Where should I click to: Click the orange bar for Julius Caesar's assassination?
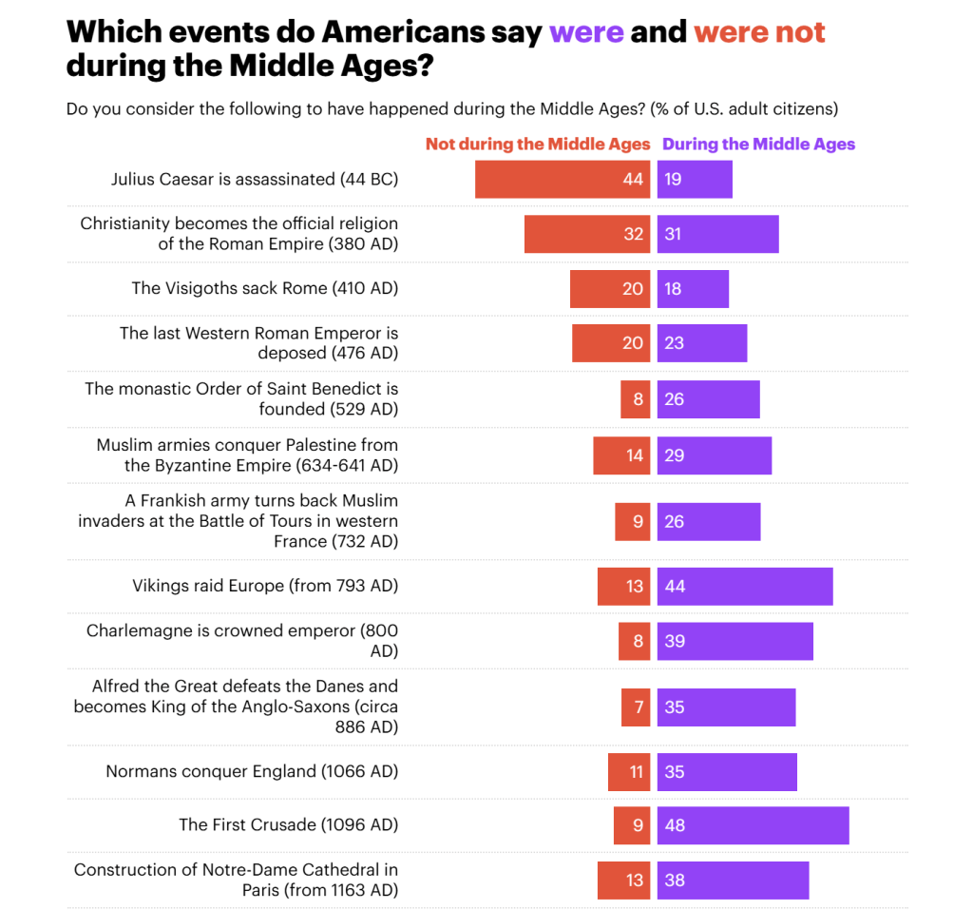point(563,179)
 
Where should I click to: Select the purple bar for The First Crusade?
point(753,825)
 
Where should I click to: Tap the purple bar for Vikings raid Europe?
point(745,586)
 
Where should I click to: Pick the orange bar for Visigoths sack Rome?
point(610,288)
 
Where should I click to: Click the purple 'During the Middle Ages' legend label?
point(758,145)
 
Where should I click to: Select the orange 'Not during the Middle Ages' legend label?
point(538,145)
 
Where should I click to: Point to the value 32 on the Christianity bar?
point(633,234)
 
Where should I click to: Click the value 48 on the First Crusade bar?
point(675,825)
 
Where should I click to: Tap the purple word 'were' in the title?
point(586,32)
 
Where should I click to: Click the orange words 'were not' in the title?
point(759,32)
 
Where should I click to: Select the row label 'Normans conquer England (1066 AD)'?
point(252,771)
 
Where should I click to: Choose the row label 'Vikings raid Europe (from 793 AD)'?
point(265,586)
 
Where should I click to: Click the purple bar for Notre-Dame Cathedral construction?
point(733,881)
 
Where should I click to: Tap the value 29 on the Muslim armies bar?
point(674,455)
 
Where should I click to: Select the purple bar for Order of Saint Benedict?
point(708,399)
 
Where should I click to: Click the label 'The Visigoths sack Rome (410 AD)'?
point(264,288)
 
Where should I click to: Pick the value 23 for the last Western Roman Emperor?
point(674,343)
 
